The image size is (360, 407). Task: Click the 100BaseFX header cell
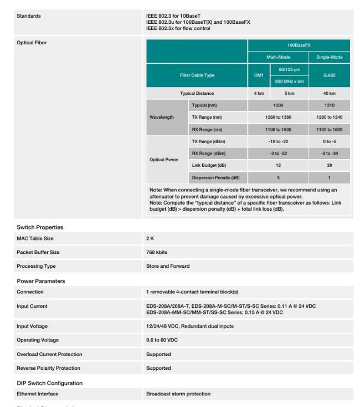click(299, 43)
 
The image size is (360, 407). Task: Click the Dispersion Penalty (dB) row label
click(215, 177)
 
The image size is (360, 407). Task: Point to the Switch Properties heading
click(40, 227)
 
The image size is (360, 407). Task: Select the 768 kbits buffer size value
click(156, 252)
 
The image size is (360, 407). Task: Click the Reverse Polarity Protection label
click(49, 368)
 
